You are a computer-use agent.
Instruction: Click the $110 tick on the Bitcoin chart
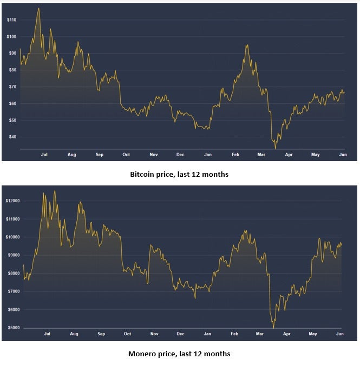[11, 20]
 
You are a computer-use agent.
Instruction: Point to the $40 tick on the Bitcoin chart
[11, 137]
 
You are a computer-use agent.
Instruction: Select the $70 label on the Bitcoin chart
[11, 86]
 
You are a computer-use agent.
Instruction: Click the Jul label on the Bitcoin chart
[44, 155]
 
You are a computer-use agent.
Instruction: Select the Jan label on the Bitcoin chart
[207, 155]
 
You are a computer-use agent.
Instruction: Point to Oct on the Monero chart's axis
[127, 335]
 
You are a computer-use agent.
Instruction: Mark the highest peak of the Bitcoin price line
[38, 8]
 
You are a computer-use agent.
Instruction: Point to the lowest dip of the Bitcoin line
[275, 148]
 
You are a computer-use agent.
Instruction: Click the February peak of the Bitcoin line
[246, 45]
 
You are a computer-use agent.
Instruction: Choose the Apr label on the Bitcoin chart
[289, 155]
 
